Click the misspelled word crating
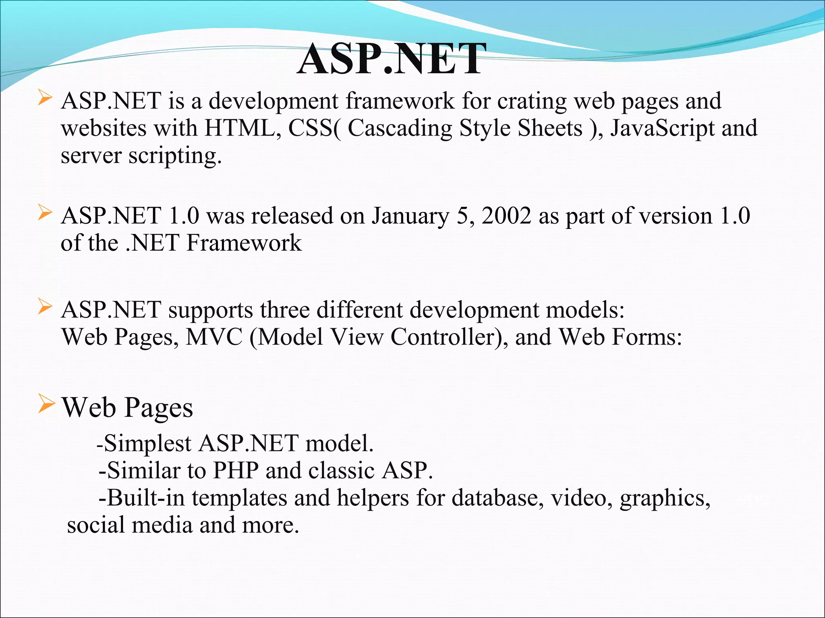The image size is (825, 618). coord(532,101)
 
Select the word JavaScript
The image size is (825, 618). coord(662,128)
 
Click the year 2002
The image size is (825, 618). coord(506,216)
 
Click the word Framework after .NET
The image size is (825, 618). coord(244,243)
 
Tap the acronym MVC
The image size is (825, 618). coord(214,337)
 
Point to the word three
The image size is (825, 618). coord(284,310)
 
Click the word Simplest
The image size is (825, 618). coord(147,444)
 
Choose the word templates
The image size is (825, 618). coord(239,498)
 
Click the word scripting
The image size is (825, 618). coord(175,156)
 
